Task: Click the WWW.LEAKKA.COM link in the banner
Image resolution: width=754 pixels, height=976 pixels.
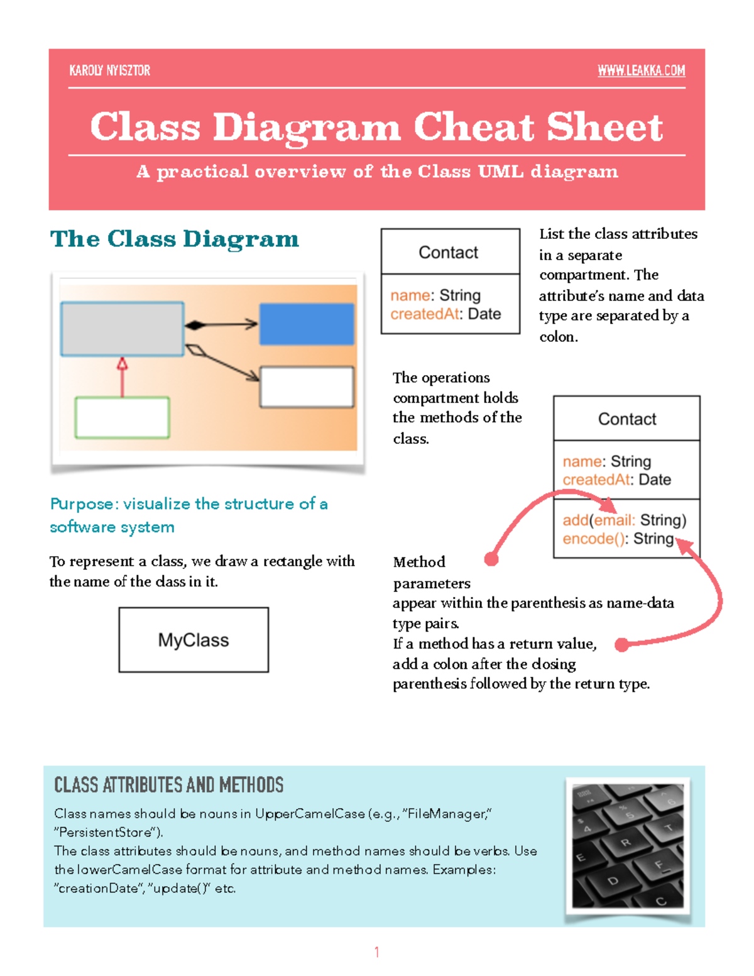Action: pyautogui.click(x=641, y=70)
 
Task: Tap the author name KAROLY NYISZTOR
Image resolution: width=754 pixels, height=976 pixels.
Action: pyautogui.click(x=110, y=70)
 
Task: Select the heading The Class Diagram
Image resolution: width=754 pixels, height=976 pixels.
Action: pyautogui.click(x=175, y=239)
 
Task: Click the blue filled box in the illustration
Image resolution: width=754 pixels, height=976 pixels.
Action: pyautogui.click(x=307, y=324)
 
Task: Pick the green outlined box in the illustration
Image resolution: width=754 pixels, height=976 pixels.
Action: pyautogui.click(x=122, y=417)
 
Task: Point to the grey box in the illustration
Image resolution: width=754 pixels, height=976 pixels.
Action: pyautogui.click(x=122, y=329)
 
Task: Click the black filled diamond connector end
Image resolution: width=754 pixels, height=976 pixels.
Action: pyautogui.click(x=195, y=325)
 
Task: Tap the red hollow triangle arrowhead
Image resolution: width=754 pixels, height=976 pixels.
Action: pyautogui.click(x=123, y=363)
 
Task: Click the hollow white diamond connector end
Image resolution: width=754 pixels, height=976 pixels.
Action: pyautogui.click(x=196, y=350)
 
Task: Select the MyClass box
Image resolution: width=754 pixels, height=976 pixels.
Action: pyautogui.click(x=194, y=640)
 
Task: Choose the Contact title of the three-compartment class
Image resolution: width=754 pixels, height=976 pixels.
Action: pyautogui.click(x=626, y=419)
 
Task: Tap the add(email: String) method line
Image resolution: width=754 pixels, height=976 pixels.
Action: pyautogui.click(x=624, y=520)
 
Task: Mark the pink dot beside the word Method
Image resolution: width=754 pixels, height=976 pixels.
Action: pyautogui.click(x=491, y=559)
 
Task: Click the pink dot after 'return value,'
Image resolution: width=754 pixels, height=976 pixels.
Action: pyautogui.click(x=621, y=645)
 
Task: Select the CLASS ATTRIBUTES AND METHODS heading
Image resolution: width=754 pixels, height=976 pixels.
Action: pyautogui.click(x=168, y=785)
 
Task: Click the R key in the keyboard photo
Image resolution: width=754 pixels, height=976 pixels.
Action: pyautogui.click(x=626, y=842)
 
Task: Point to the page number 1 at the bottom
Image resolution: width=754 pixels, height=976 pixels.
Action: pyautogui.click(x=376, y=952)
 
